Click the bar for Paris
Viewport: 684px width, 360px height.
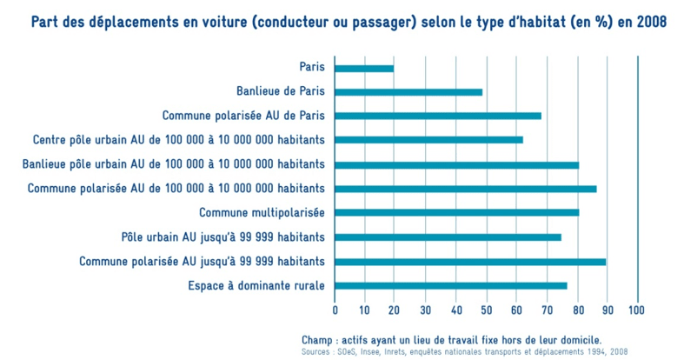tap(363, 68)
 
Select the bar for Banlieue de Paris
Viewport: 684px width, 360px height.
tap(408, 91)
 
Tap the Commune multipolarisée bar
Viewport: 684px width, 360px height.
tap(456, 212)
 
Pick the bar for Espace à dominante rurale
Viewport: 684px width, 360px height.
tap(450, 285)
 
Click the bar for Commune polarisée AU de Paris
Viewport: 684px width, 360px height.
tap(437, 116)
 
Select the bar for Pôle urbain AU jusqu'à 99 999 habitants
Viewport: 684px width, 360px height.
tap(448, 237)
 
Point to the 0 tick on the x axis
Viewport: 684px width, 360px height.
tap(335, 309)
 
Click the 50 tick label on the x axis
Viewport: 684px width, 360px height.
tap(486, 309)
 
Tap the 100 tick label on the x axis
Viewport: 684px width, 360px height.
tap(637, 309)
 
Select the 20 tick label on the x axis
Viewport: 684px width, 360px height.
tap(395, 309)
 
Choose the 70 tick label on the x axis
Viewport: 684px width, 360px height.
tap(547, 309)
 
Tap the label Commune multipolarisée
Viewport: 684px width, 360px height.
tap(262, 212)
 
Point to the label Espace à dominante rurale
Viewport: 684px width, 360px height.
tap(256, 285)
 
